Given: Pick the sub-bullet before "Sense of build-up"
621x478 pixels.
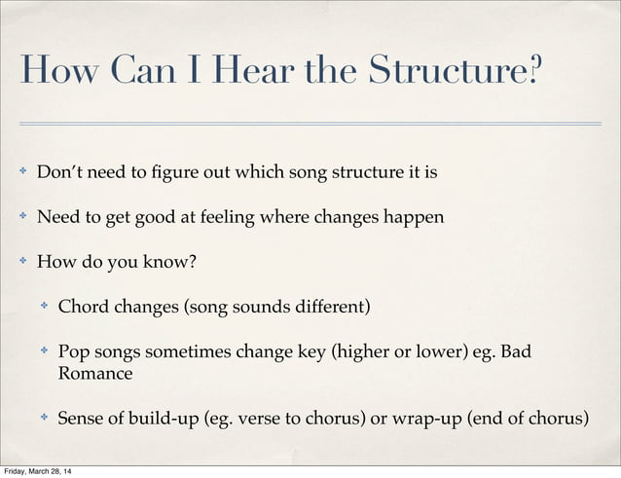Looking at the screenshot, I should click(44, 420).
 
